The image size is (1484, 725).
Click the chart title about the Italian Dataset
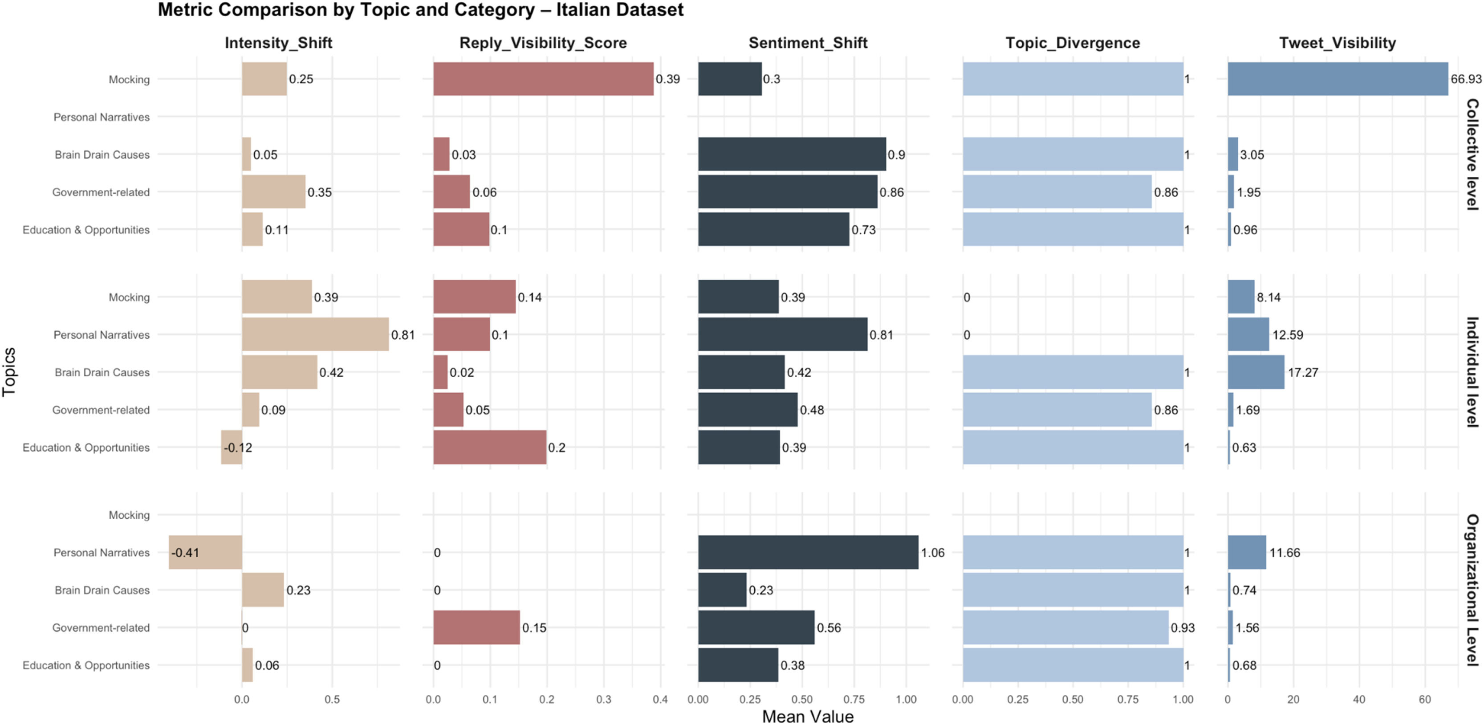[x=421, y=10]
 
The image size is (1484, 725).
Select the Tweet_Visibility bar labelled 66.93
[x=1337, y=79]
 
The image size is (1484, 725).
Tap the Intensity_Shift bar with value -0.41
[x=205, y=552]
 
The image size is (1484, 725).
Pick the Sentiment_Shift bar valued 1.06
[x=808, y=552]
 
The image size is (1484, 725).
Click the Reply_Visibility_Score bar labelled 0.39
[x=543, y=79]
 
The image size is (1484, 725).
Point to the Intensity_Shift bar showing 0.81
[x=315, y=334]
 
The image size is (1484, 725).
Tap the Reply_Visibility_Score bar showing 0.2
[x=490, y=447]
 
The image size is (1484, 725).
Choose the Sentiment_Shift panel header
[x=808, y=43]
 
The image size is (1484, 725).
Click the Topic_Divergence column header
[x=1073, y=43]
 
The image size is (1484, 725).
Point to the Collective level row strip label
[x=1472, y=154]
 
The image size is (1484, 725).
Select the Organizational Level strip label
[x=1472, y=590]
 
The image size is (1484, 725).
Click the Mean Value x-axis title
[x=808, y=717]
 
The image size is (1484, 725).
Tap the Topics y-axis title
[x=9, y=372]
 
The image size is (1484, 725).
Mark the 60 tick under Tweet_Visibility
[x=1425, y=699]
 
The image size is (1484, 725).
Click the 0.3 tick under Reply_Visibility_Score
[x=604, y=699]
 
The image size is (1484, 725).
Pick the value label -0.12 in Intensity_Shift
[x=238, y=447]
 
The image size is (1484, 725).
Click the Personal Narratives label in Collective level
[x=102, y=117]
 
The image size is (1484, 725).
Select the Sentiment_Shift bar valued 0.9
[x=792, y=154]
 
